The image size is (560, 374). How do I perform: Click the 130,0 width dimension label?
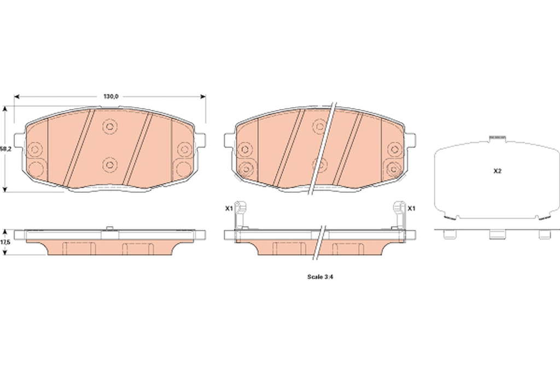[x=110, y=96]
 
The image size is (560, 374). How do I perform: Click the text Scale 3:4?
[x=320, y=277]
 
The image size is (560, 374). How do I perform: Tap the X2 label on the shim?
[x=498, y=171]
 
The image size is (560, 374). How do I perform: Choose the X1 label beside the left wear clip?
[x=229, y=208]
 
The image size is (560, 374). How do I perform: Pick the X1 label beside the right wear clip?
[x=411, y=208]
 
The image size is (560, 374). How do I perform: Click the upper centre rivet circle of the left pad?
[x=109, y=126]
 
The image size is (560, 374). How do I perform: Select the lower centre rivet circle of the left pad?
[x=109, y=164]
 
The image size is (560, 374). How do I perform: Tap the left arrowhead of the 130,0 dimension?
[x=16, y=96]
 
